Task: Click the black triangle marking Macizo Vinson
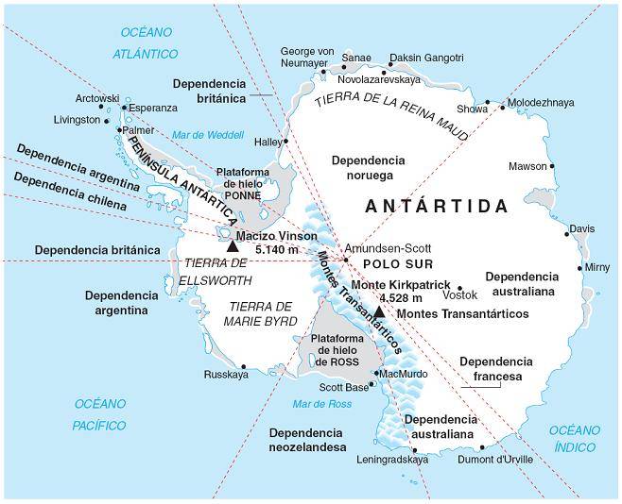[233, 245]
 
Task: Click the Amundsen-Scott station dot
[346, 260]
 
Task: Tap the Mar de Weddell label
[200, 134]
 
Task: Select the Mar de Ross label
[321, 404]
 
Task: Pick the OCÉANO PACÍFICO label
[100, 414]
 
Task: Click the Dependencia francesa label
[491, 368]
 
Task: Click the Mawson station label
[527, 167]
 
